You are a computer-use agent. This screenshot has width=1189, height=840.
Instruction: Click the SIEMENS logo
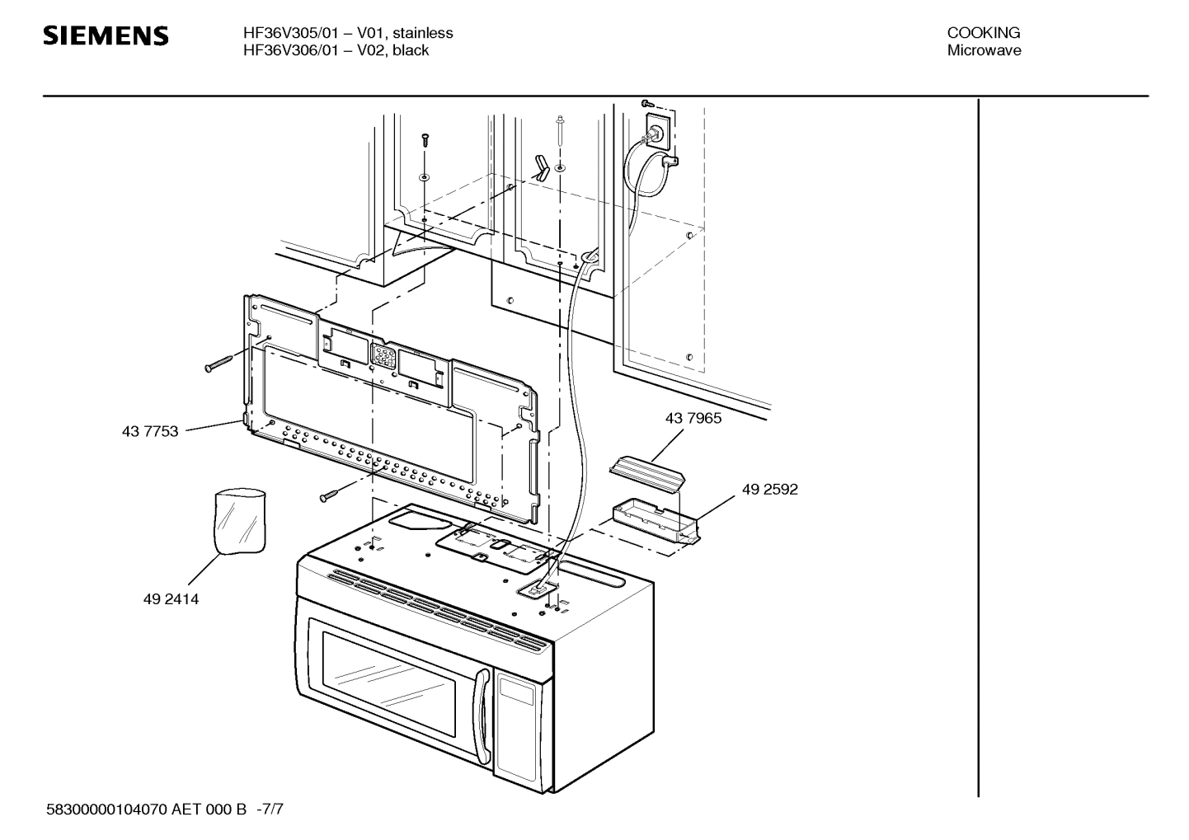(106, 36)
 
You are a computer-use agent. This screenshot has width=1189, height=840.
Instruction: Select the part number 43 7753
(150, 431)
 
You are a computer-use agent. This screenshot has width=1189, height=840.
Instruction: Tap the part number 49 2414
(171, 599)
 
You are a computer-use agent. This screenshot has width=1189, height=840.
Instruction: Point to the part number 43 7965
(693, 418)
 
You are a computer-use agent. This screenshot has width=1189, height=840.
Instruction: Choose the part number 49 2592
(769, 489)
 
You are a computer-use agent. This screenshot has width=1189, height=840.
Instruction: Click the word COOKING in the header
(983, 33)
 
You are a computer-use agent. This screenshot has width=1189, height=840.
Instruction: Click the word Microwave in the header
(983, 50)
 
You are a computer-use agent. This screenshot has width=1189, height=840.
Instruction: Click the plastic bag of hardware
(239, 521)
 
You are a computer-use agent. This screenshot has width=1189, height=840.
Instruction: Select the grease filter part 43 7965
(647, 474)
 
